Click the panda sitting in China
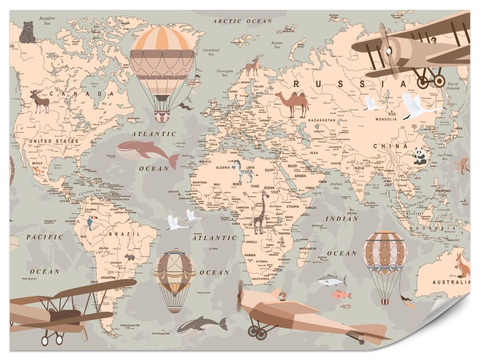coord(420,156)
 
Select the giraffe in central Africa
coord(261,212)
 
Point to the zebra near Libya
coord(244,171)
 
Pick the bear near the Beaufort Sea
coord(27,33)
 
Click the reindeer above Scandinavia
coord(254,66)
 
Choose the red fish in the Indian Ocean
coord(341,295)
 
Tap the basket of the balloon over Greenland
coord(162,116)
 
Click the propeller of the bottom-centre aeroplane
coord(241,296)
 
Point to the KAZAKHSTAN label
coord(322,120)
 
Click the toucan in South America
coord(90,224)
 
